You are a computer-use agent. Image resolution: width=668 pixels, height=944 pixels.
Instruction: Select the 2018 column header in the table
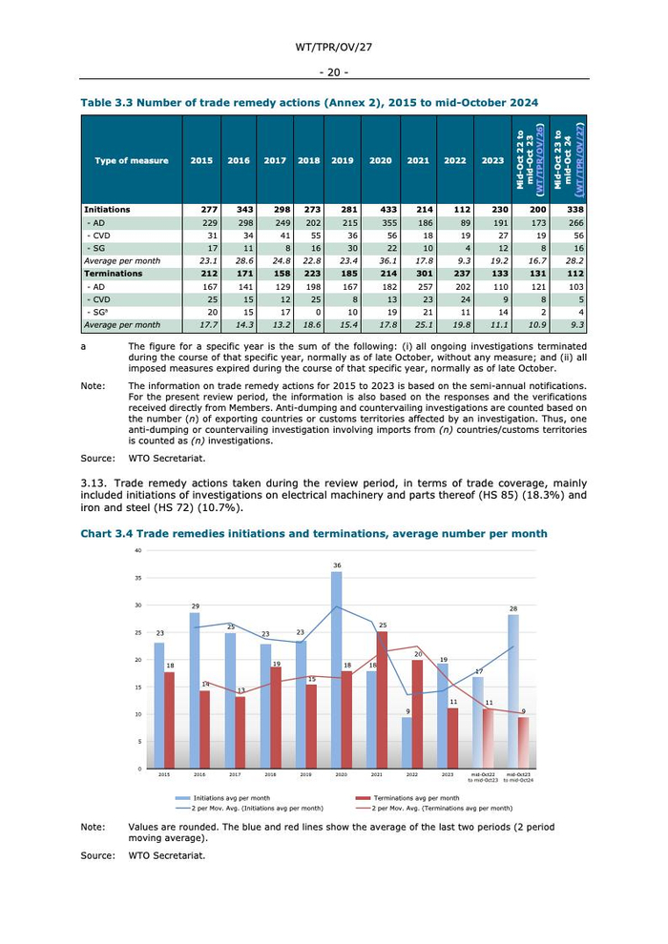coord(308,160)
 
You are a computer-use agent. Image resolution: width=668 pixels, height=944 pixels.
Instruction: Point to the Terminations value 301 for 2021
coord(418,272)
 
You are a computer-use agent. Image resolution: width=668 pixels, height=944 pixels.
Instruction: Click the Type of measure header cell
coord(132,160)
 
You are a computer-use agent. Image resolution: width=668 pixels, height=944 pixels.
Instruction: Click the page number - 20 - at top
coord(334,72)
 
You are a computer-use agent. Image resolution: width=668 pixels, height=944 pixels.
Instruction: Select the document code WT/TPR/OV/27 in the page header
coord(334,46)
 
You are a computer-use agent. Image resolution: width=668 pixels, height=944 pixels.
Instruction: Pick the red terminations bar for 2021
coord(382,699)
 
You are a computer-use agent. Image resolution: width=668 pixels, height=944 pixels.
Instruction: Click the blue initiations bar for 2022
coord(407,743)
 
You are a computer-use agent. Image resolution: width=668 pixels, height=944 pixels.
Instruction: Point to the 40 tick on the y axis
coord(138,551)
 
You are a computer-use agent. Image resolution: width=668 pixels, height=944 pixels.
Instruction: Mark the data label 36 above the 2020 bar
coord(337,565)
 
